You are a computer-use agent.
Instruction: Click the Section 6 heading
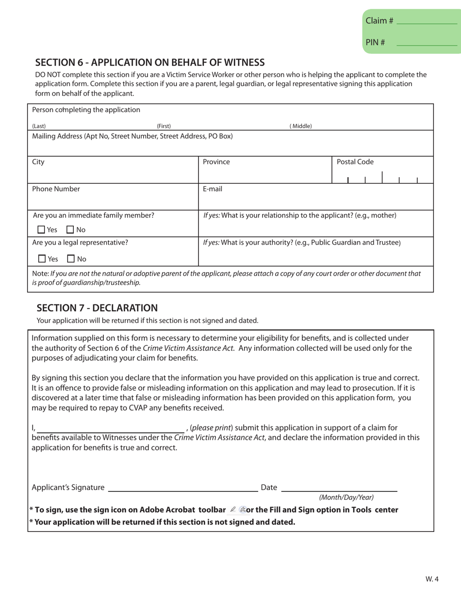click(150, 62)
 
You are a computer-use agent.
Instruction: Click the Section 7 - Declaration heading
click(98, 307)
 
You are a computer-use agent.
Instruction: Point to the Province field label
click(216, 163)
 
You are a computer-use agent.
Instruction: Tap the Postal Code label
click(355, 162)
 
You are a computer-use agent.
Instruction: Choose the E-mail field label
click(213, 189)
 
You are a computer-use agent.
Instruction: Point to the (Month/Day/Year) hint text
click(346, 497)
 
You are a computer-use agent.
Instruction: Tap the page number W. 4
click(432, 579)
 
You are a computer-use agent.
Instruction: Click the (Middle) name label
click(300, 126)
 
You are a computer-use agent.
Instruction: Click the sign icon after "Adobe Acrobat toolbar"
click(232, 510)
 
